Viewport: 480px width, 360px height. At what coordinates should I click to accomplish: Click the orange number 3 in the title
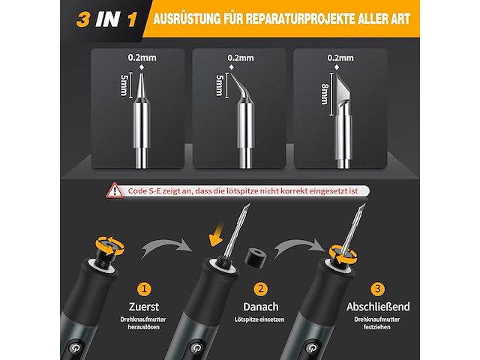point(83,20)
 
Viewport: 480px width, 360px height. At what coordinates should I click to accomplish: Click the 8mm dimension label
point(325,94)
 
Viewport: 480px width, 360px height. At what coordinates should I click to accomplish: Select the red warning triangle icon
point(115,190)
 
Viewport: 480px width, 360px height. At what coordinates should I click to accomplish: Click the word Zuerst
point(144,307)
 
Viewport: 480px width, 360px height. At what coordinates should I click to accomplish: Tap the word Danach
point(261,307)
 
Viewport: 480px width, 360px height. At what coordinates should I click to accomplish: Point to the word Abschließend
point(378,307)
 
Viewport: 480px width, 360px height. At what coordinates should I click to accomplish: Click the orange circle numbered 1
point(144,289)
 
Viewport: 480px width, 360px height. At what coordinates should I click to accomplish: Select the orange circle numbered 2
point(260,289)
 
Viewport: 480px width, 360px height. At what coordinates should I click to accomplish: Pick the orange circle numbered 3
point(377,289)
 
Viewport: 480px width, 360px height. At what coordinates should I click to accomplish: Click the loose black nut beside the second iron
point(254,257)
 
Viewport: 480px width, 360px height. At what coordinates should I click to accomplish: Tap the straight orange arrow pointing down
point(217,235)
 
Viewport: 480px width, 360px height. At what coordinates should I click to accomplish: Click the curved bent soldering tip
point(241,88)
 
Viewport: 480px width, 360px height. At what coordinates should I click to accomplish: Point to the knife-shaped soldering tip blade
point(343,88)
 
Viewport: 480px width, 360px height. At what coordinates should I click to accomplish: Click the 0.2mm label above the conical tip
point(142,58)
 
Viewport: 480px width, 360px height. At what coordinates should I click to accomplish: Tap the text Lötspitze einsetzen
point(259,319)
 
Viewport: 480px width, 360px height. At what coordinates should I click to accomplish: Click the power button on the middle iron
point(195,348)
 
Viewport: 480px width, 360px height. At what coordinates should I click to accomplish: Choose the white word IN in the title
point(107,20)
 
